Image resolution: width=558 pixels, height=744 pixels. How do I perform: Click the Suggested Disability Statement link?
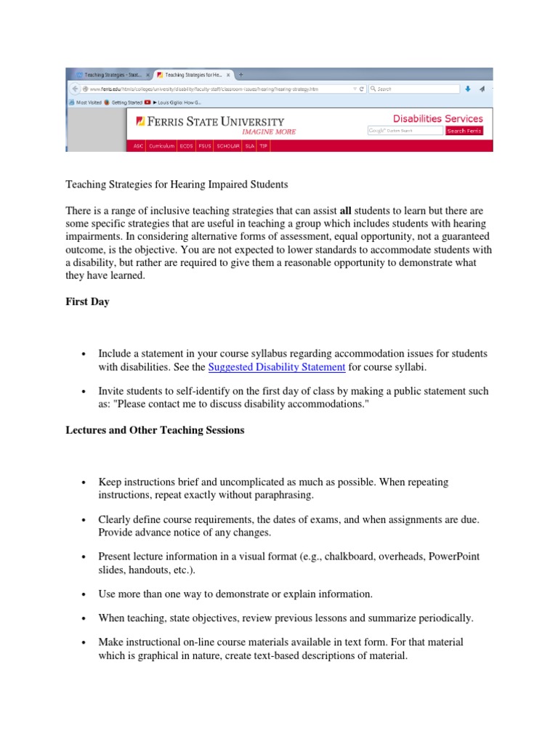[276, 368]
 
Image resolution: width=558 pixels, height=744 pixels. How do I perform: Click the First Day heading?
[88, 302]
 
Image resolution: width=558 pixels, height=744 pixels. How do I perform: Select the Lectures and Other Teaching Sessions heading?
[155, 430]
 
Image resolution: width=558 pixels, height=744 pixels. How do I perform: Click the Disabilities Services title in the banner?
[437, 118]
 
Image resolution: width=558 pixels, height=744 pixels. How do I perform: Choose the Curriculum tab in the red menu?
[161, 146]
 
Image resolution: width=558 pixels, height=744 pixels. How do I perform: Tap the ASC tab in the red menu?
[138, 146]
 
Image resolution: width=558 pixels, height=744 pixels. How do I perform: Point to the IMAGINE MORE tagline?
[268, 132]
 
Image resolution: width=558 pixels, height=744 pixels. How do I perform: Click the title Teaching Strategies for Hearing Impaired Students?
[171, 185]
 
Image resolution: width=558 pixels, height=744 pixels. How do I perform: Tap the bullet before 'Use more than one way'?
[85, 594]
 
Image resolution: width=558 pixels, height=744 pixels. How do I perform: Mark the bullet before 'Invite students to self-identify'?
[85, 392]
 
